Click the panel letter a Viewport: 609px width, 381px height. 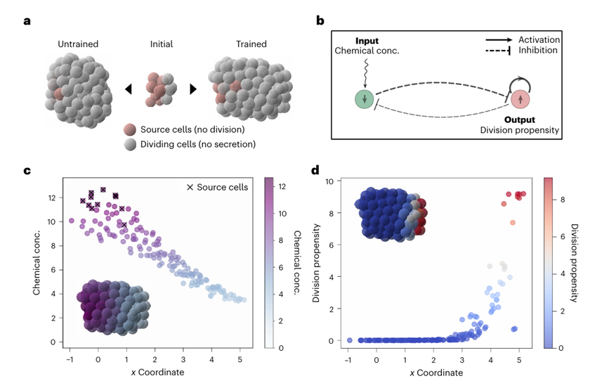pyautogui.click(x=27, y=21)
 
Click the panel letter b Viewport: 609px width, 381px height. pyautogui.click(x=320, y=21)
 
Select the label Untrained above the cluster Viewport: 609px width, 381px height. pyautogui.click(x=77, y=44)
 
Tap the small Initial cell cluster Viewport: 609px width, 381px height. pyautogui.click(x=159, y=87)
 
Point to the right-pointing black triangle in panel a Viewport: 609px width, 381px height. pyautogui.click(x=192, y=89)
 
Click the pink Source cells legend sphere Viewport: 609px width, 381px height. pyautogui.click(x=129, y=130)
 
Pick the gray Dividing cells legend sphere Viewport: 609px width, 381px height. pyautogui.click(x=129, y=144)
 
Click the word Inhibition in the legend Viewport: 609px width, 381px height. pyautogui.click(x=538, y=50)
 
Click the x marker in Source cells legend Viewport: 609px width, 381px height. pyautogui.click(x=190, y=187)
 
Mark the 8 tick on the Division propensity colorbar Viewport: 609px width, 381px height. pyautogui.click(x=561, y=200)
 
